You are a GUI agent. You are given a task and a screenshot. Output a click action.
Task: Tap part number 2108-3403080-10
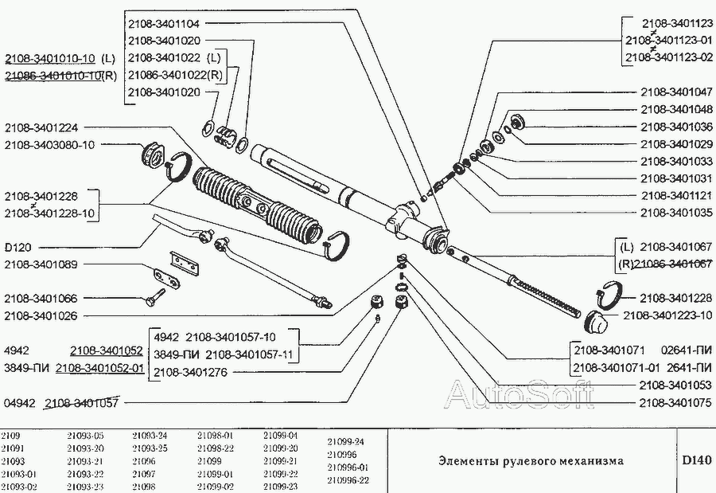tap(49, 145)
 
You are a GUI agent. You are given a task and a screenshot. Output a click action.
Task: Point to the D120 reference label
tap(18, 248)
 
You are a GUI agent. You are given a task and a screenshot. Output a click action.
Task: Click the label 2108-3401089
tap(41, 264)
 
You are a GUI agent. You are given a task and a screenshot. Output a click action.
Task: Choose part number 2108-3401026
tap(41, 315)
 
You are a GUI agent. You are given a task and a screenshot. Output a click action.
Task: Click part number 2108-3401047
tap(675, 92)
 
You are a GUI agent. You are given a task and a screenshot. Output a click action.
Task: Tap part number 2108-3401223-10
tap(667, 315)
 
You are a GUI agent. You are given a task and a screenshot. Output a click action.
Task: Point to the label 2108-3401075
tap(675, 402)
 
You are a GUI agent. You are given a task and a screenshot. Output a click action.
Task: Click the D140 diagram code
tap(695, 460)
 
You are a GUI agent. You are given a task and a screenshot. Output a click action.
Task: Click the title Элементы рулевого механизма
tap(531, 460)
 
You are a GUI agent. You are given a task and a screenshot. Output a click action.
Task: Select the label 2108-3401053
tap(675, 385)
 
